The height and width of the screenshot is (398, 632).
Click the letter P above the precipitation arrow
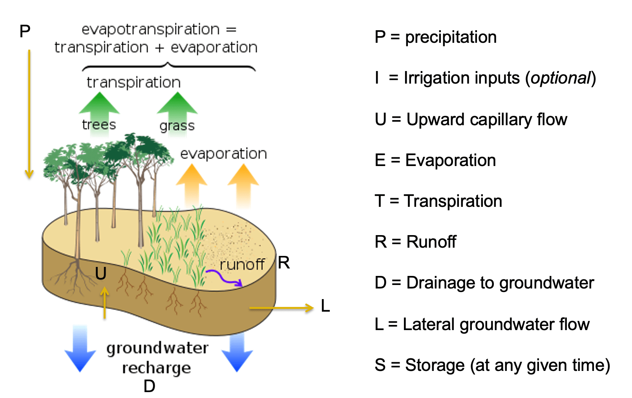point(25,31)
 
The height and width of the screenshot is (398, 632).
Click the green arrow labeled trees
point(99,114)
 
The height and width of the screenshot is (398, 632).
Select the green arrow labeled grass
point(177,114)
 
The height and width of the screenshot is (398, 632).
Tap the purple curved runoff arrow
point(224,278)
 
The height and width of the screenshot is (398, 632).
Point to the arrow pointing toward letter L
point(281,308)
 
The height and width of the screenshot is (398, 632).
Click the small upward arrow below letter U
point(105,303)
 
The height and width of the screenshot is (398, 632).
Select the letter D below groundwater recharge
point(149,386)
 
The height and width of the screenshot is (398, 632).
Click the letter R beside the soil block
point(283,263)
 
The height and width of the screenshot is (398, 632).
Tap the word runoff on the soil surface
point(242,265)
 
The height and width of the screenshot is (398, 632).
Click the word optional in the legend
point(560,78)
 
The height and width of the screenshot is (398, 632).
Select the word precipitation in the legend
point(451,37)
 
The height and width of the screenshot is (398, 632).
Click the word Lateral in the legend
point(429,324)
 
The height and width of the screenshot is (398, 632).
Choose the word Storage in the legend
point(435,365)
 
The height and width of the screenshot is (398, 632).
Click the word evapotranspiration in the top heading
point(150,30)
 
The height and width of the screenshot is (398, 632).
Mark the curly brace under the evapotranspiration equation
point(169,67)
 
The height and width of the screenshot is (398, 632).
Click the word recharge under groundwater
point(157,369)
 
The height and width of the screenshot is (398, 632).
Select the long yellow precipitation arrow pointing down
point(29,114)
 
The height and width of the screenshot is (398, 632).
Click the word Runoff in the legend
point(431,242)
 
